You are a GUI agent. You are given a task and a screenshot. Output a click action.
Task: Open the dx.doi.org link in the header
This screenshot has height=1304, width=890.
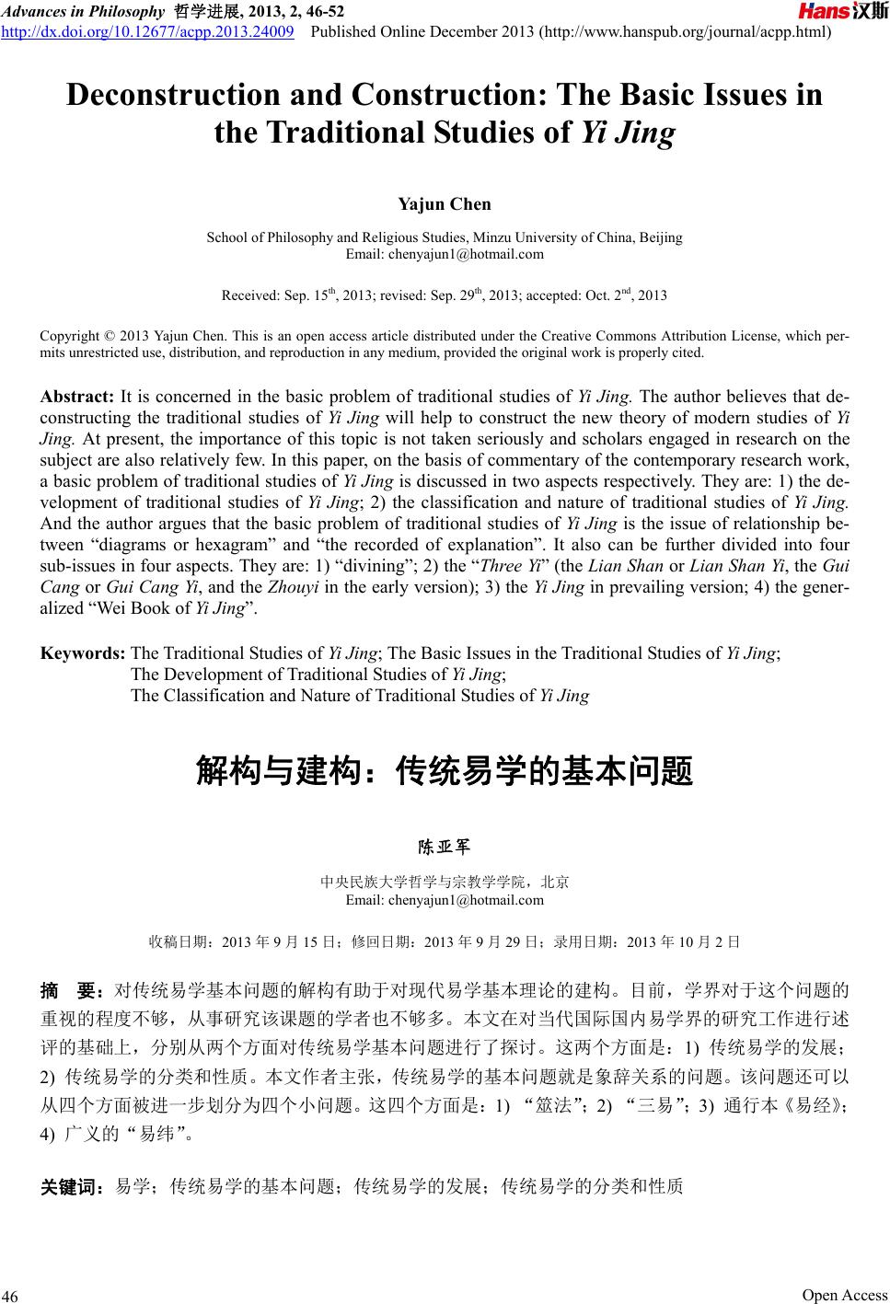pos(149,32)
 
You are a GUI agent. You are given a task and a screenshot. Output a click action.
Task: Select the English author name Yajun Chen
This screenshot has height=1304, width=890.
pos(444,203)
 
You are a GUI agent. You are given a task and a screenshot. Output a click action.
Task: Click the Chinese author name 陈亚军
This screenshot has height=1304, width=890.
pos(445,846)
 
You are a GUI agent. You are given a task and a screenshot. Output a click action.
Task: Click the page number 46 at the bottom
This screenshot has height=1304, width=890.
pos(10,1296)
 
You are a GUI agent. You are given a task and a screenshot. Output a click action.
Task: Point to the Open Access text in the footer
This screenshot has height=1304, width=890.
pos(844,1295)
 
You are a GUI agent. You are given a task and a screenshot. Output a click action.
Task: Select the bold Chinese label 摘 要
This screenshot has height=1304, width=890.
pos(69,990)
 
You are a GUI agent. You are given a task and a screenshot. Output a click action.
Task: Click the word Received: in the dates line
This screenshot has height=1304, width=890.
pos(250,295)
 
